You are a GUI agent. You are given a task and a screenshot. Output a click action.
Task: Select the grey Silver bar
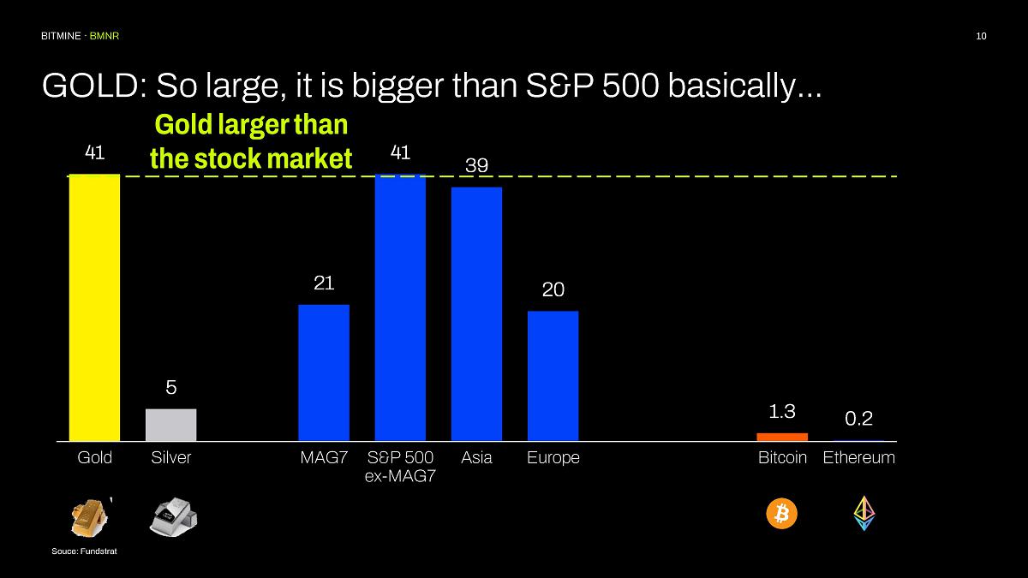170,425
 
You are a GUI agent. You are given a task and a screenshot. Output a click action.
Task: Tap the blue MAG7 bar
324,372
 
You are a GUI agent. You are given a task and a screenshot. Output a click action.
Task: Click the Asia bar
476,313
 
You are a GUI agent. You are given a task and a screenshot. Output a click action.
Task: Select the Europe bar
553,376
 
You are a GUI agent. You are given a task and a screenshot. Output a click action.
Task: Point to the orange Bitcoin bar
782,437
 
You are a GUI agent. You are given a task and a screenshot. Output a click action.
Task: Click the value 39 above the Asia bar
476,165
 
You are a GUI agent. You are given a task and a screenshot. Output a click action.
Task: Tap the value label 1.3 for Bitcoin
782,412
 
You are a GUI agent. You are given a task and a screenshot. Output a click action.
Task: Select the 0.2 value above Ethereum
858,419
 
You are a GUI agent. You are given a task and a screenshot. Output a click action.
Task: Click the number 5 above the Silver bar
170,388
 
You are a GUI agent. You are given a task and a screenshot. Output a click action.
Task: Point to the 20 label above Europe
553,290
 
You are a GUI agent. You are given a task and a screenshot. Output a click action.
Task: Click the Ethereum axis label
858,458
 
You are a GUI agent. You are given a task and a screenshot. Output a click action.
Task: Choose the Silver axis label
170,458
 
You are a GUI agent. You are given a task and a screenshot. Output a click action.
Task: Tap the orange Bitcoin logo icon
781,514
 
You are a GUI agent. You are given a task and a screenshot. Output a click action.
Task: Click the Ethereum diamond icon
864,513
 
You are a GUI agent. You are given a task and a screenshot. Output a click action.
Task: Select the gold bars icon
89,515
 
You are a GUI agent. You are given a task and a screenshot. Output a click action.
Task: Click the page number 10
981,36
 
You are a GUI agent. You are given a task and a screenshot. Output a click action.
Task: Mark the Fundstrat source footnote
84,551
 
